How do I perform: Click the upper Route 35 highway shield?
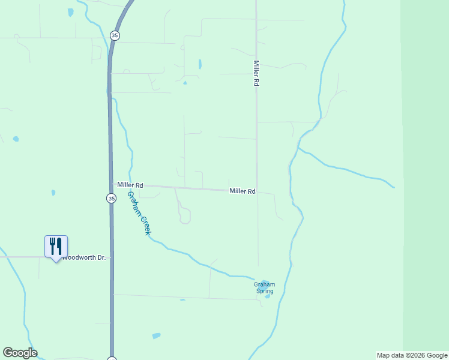click(x=115, y=35)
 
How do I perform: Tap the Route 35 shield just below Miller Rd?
click(x=112, y=198)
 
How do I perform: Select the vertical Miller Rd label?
click(x=256, y=74)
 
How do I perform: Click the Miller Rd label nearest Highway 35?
click(x=130, y=185)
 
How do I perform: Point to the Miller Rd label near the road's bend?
click(x=243, y=191)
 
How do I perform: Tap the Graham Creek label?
click(x=138, y=213)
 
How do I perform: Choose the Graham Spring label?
click(x=265, y=288)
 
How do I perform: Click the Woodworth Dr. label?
click(x=84, y=257)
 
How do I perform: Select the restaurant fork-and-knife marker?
click(x=56, y=246)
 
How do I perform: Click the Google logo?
click(x=20, y=353)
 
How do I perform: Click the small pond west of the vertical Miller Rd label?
click(x=200, y=64)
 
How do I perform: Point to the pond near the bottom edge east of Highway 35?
click(x=156, y=336)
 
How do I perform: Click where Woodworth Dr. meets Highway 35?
click(x=112, y=257)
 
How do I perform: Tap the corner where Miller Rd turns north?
click(x=258, y=192)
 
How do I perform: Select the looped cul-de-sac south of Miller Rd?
click(x=185, y=216)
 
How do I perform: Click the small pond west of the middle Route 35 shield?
click(x=53, y=193)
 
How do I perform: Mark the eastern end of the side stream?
click(x=394, y=186)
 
